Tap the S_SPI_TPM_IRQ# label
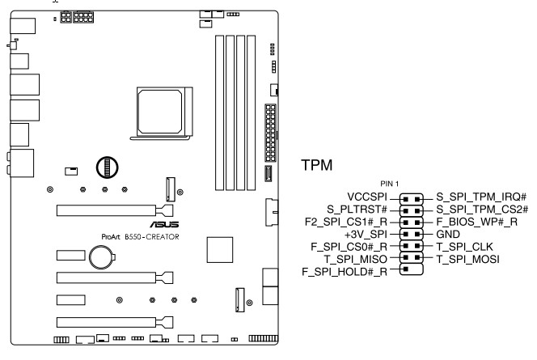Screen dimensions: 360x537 coord(481,197)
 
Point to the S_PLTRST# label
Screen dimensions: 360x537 coord(362,209)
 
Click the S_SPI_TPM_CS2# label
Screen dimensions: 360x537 coord(482,209)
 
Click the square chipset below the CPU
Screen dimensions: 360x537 coord(220,249)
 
